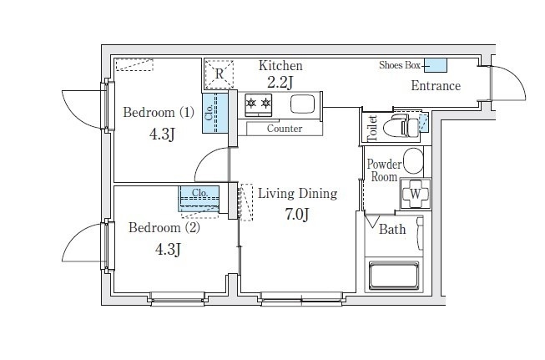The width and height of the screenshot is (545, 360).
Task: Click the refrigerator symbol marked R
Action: click(219, 74)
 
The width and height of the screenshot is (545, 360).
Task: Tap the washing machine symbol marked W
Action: click(416, 194)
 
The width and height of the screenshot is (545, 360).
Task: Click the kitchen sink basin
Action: click(302, 104)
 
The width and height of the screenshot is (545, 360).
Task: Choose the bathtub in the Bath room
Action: click(394, 276)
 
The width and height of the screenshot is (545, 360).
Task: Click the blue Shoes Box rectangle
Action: click(436, 65)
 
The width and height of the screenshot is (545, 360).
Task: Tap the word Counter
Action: click(285, 129)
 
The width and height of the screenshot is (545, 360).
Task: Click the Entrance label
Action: click(436, 85)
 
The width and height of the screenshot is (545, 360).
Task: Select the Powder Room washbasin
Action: click(414, 160)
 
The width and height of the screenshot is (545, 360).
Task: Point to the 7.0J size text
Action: click(297, 215)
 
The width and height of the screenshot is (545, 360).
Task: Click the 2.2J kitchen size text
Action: click(280, 83)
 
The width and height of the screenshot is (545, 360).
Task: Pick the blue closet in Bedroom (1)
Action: click(215, 113)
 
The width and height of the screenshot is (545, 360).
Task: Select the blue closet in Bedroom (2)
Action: click(199, 199)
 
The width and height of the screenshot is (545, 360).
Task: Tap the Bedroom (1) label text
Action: click(159, 113)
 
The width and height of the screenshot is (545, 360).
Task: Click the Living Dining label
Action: click(297, 194)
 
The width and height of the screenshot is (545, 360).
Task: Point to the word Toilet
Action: click(372, 128)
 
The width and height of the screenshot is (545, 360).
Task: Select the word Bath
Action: click(392, 229)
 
